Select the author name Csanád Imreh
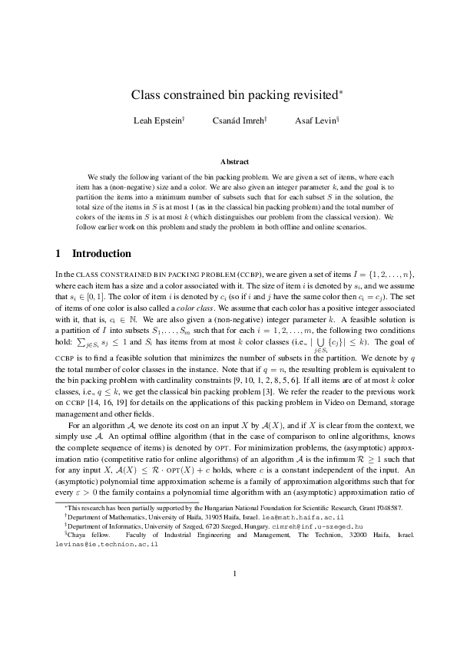[x=239, y=120]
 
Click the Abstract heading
[x=234, y=162]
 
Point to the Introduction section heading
[x=101, y=254]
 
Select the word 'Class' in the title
[x=146, y=95]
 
